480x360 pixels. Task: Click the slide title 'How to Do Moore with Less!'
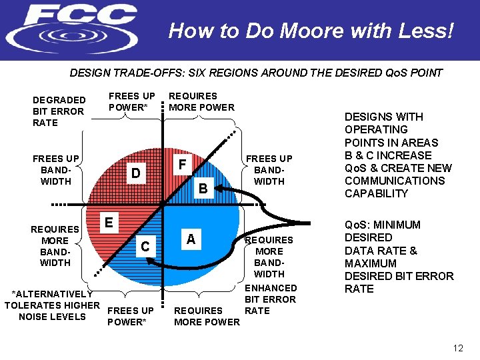311,31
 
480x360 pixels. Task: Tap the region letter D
135,173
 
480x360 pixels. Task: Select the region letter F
181,163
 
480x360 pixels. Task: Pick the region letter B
204,189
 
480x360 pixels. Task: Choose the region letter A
191,239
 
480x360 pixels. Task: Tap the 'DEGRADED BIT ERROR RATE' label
59,111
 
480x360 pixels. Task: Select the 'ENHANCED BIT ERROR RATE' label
271,299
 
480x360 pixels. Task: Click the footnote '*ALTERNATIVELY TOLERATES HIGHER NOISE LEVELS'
52,305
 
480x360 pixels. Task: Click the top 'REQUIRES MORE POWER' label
201,101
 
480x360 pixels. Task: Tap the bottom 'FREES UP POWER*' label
131,316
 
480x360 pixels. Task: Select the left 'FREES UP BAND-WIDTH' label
56,169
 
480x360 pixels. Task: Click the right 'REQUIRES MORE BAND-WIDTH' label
269,257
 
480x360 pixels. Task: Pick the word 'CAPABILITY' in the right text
376,193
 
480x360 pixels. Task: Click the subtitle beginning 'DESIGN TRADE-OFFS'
256,73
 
